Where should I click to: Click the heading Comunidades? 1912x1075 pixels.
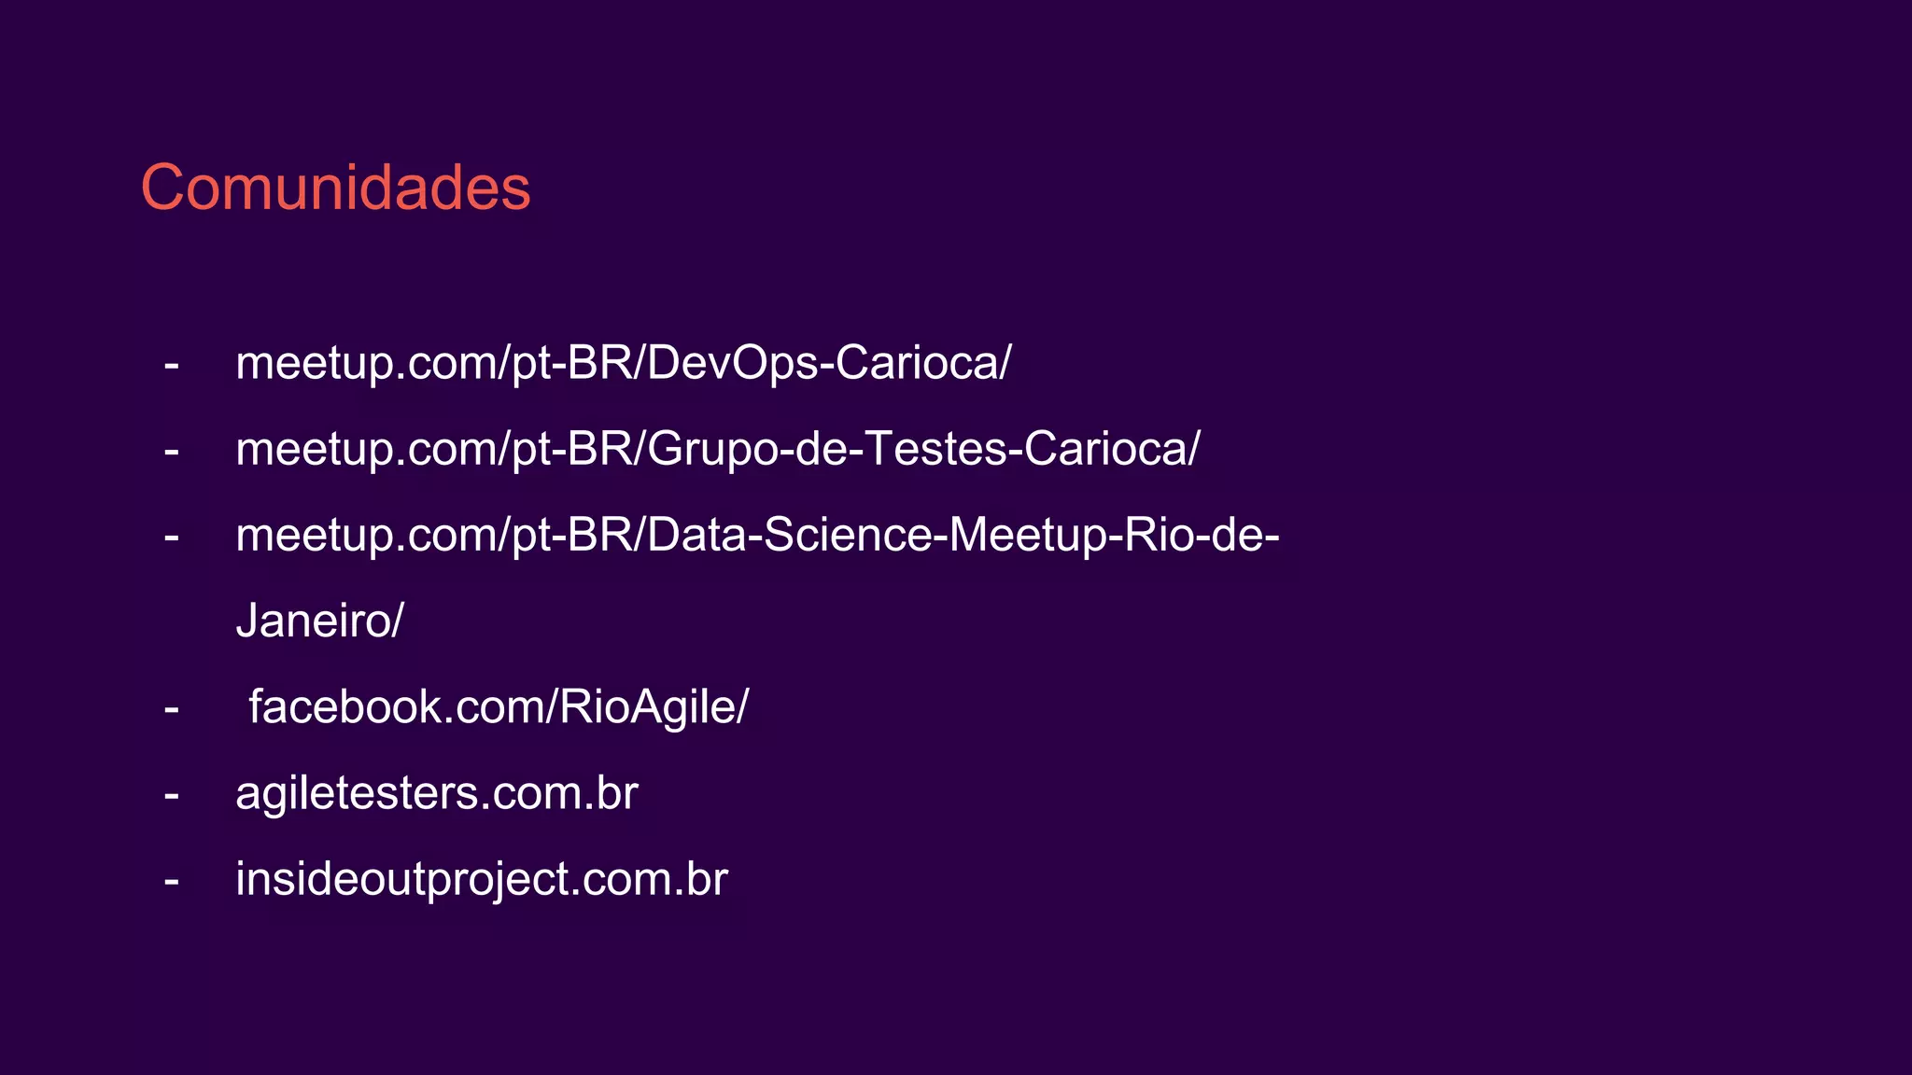(335, 188)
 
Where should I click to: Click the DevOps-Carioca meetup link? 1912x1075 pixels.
(623, 363)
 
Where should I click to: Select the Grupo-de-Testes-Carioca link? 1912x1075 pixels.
(717, 449)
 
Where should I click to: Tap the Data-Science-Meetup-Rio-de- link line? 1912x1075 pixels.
(756, 536)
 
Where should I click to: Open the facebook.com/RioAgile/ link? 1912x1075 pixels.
(498, 707)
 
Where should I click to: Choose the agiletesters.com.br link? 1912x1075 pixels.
(436, 794)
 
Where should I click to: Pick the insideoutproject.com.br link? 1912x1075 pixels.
(481, 880)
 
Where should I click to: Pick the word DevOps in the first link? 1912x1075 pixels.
(732, 363)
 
